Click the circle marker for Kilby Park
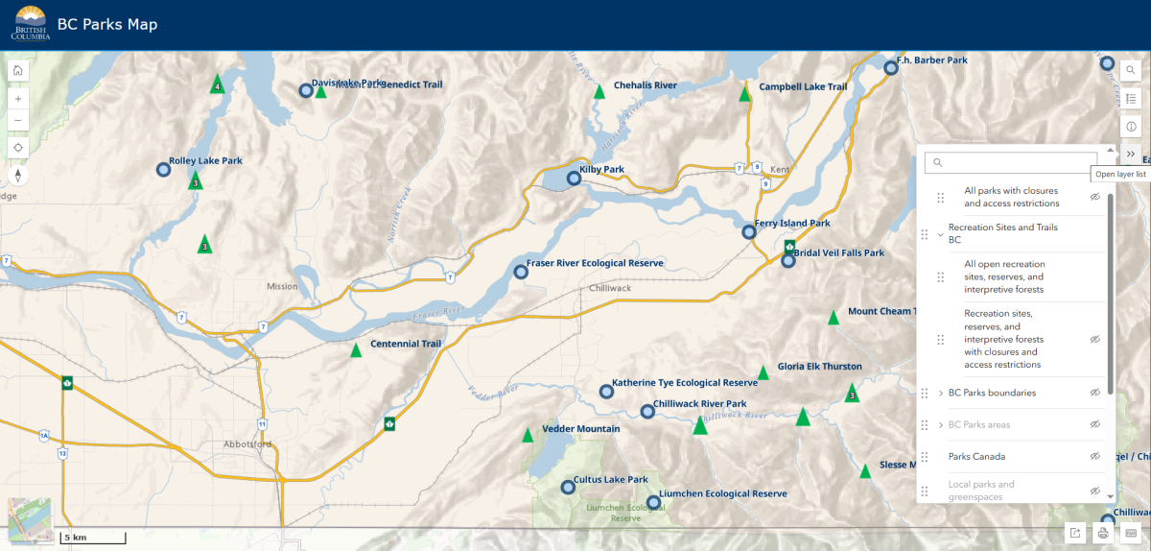[x=575, y=178]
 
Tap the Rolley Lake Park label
[x=205, y=161]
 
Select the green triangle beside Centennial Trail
[x=357, y=350]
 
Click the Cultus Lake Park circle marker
[x=568, y=488]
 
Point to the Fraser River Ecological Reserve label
[x=595, y=264]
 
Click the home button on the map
[x=18, y=70]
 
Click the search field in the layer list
[x=1010, y=163]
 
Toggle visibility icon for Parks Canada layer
[x=1094, y=456]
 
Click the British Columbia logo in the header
[x=31, y=24]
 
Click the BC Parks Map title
[x=107, y=24]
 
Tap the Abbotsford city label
[x=247, y=444]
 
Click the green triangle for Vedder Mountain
[x=528, y=435]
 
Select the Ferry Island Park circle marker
[x=749, y=231]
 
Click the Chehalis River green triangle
[x=599, y=91]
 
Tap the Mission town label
[x=282, y=286]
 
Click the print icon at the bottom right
[x=1103, y=533]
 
